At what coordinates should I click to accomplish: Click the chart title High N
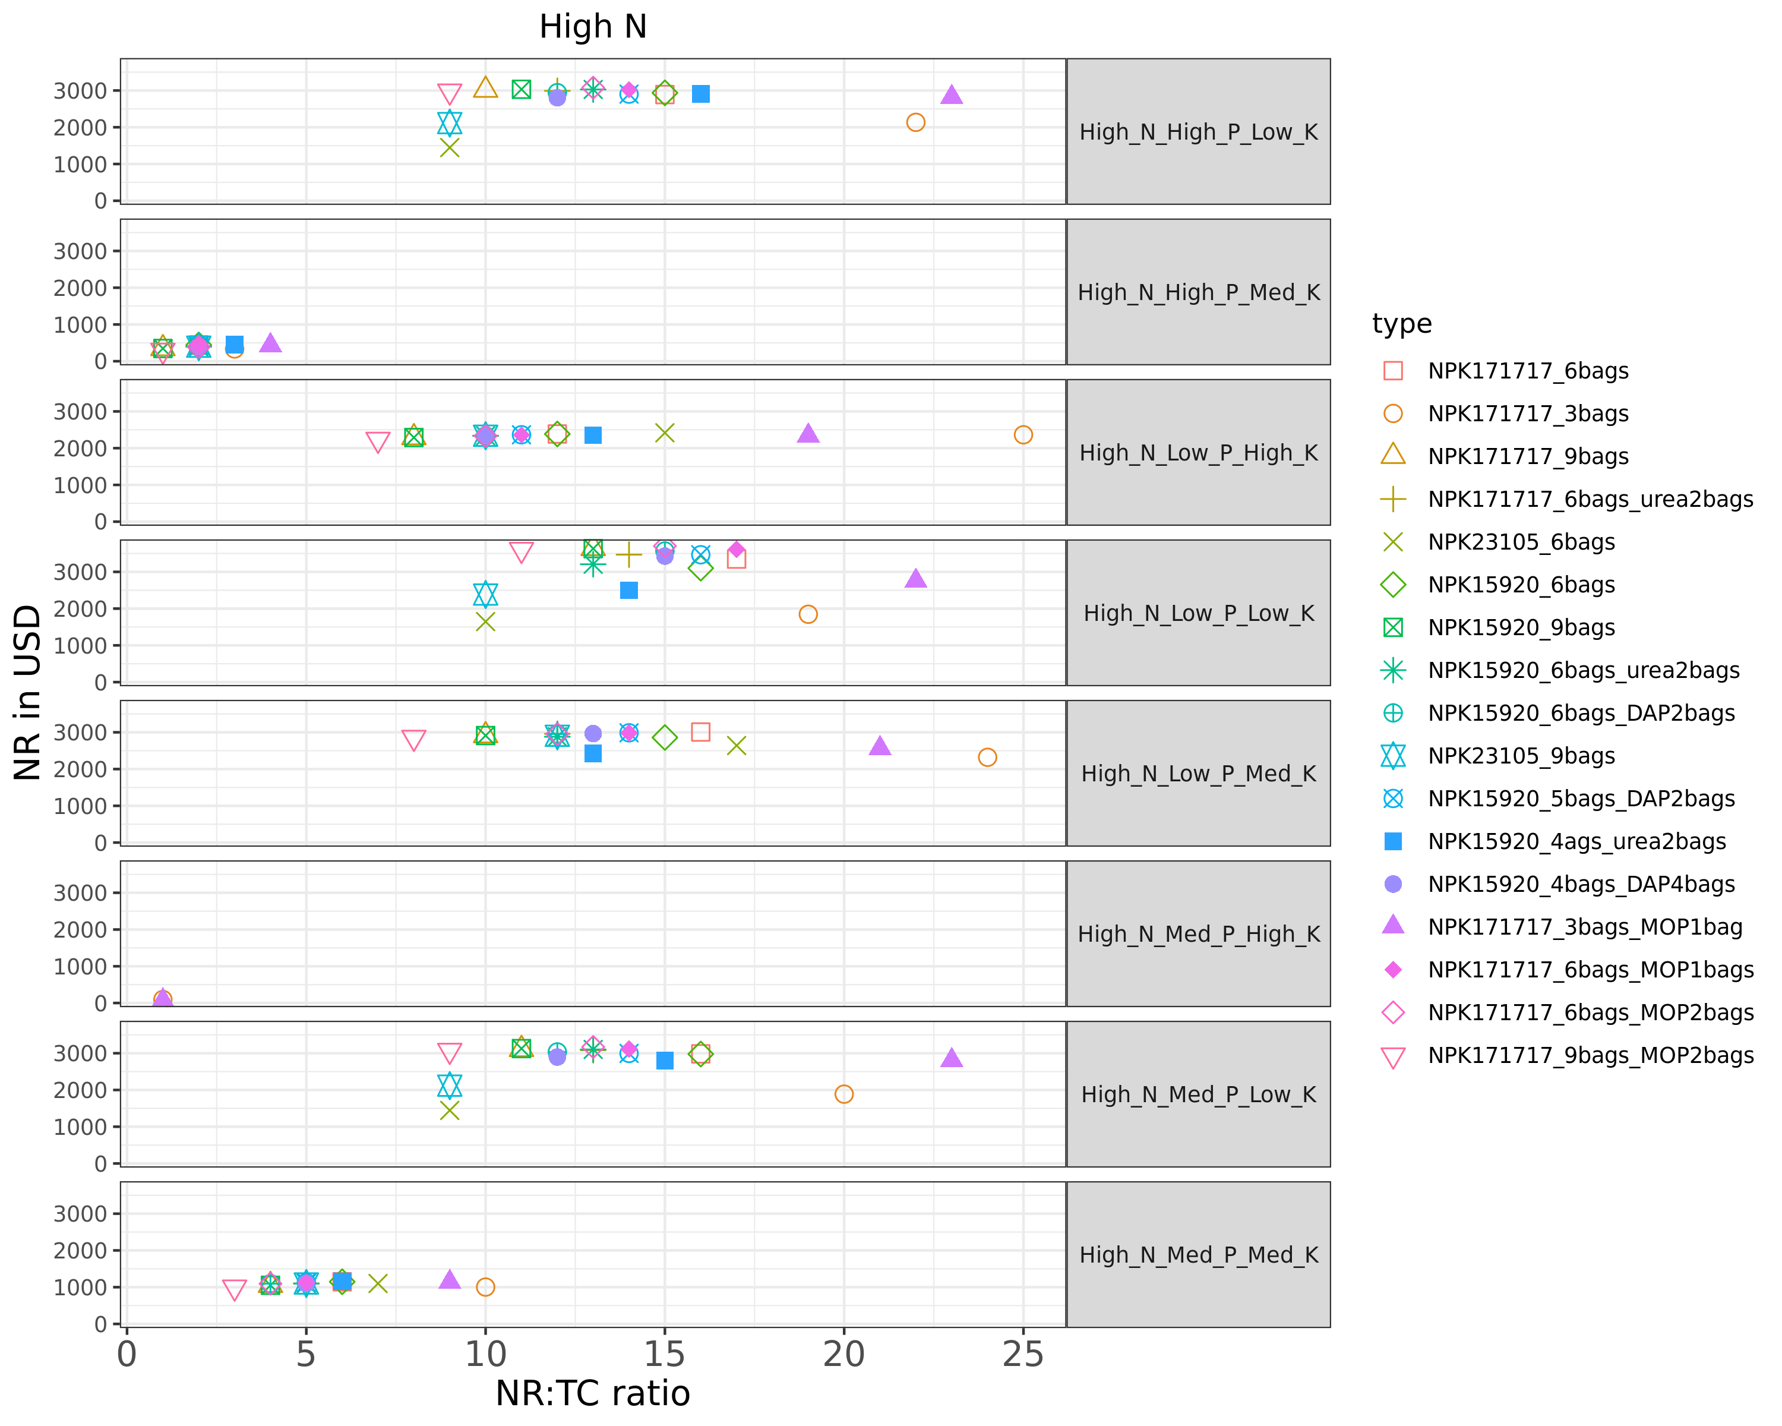coord(593,27)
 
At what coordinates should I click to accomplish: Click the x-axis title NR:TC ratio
coord(593,1393)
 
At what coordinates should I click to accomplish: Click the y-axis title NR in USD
coord(27,692)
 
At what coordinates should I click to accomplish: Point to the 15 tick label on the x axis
coord(665,1354)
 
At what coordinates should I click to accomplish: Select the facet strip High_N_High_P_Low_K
coord(1199,131)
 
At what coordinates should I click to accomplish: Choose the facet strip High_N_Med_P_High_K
coord(1199,934)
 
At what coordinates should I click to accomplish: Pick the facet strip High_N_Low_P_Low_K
coord(1199,613)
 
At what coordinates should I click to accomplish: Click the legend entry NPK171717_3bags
coord(1527,414)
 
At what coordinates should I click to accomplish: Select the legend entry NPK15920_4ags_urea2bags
coord(1576,841)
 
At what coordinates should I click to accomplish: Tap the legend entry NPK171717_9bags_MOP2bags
coord(1590,1056)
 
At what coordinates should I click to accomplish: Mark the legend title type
coord(1402,323)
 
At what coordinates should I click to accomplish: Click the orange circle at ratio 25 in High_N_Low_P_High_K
coord(1023,435)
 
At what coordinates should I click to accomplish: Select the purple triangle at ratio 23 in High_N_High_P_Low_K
coord(952,95)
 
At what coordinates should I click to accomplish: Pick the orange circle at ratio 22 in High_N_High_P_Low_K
coord(916,122)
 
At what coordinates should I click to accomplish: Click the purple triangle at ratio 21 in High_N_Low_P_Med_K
coord(880,746)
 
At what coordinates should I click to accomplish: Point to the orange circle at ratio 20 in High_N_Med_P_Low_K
coord(844,1094)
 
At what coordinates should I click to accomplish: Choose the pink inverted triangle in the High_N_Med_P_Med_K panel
coord(235,1289)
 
